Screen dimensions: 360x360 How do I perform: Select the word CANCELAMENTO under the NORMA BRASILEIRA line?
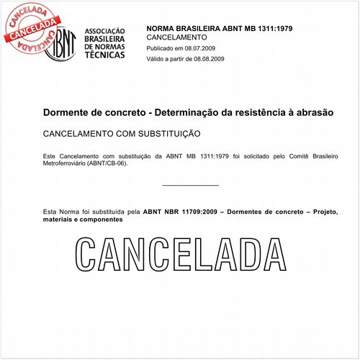(x=176, y=36)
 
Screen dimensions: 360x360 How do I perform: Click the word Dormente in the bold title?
(x=66, y=113)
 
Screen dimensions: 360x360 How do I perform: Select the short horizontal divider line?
(x=190, y=185)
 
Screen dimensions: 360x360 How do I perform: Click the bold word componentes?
(x=102, y=220)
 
